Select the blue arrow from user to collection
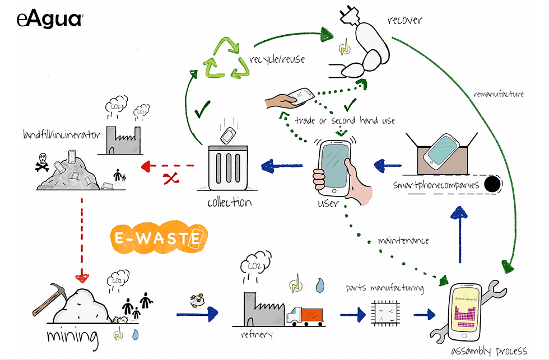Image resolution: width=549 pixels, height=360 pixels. [282, 165]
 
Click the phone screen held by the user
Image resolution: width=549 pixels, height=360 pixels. [335, 166]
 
